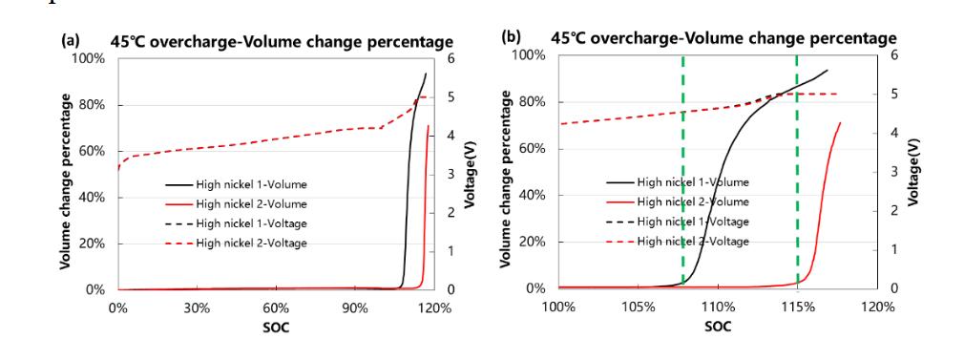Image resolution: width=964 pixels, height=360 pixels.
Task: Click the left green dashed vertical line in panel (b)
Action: tap(683, 172)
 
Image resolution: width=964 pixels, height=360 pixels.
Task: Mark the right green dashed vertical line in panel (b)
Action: tap(797, 172)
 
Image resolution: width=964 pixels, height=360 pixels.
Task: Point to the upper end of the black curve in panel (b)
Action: tap(827, 70)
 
